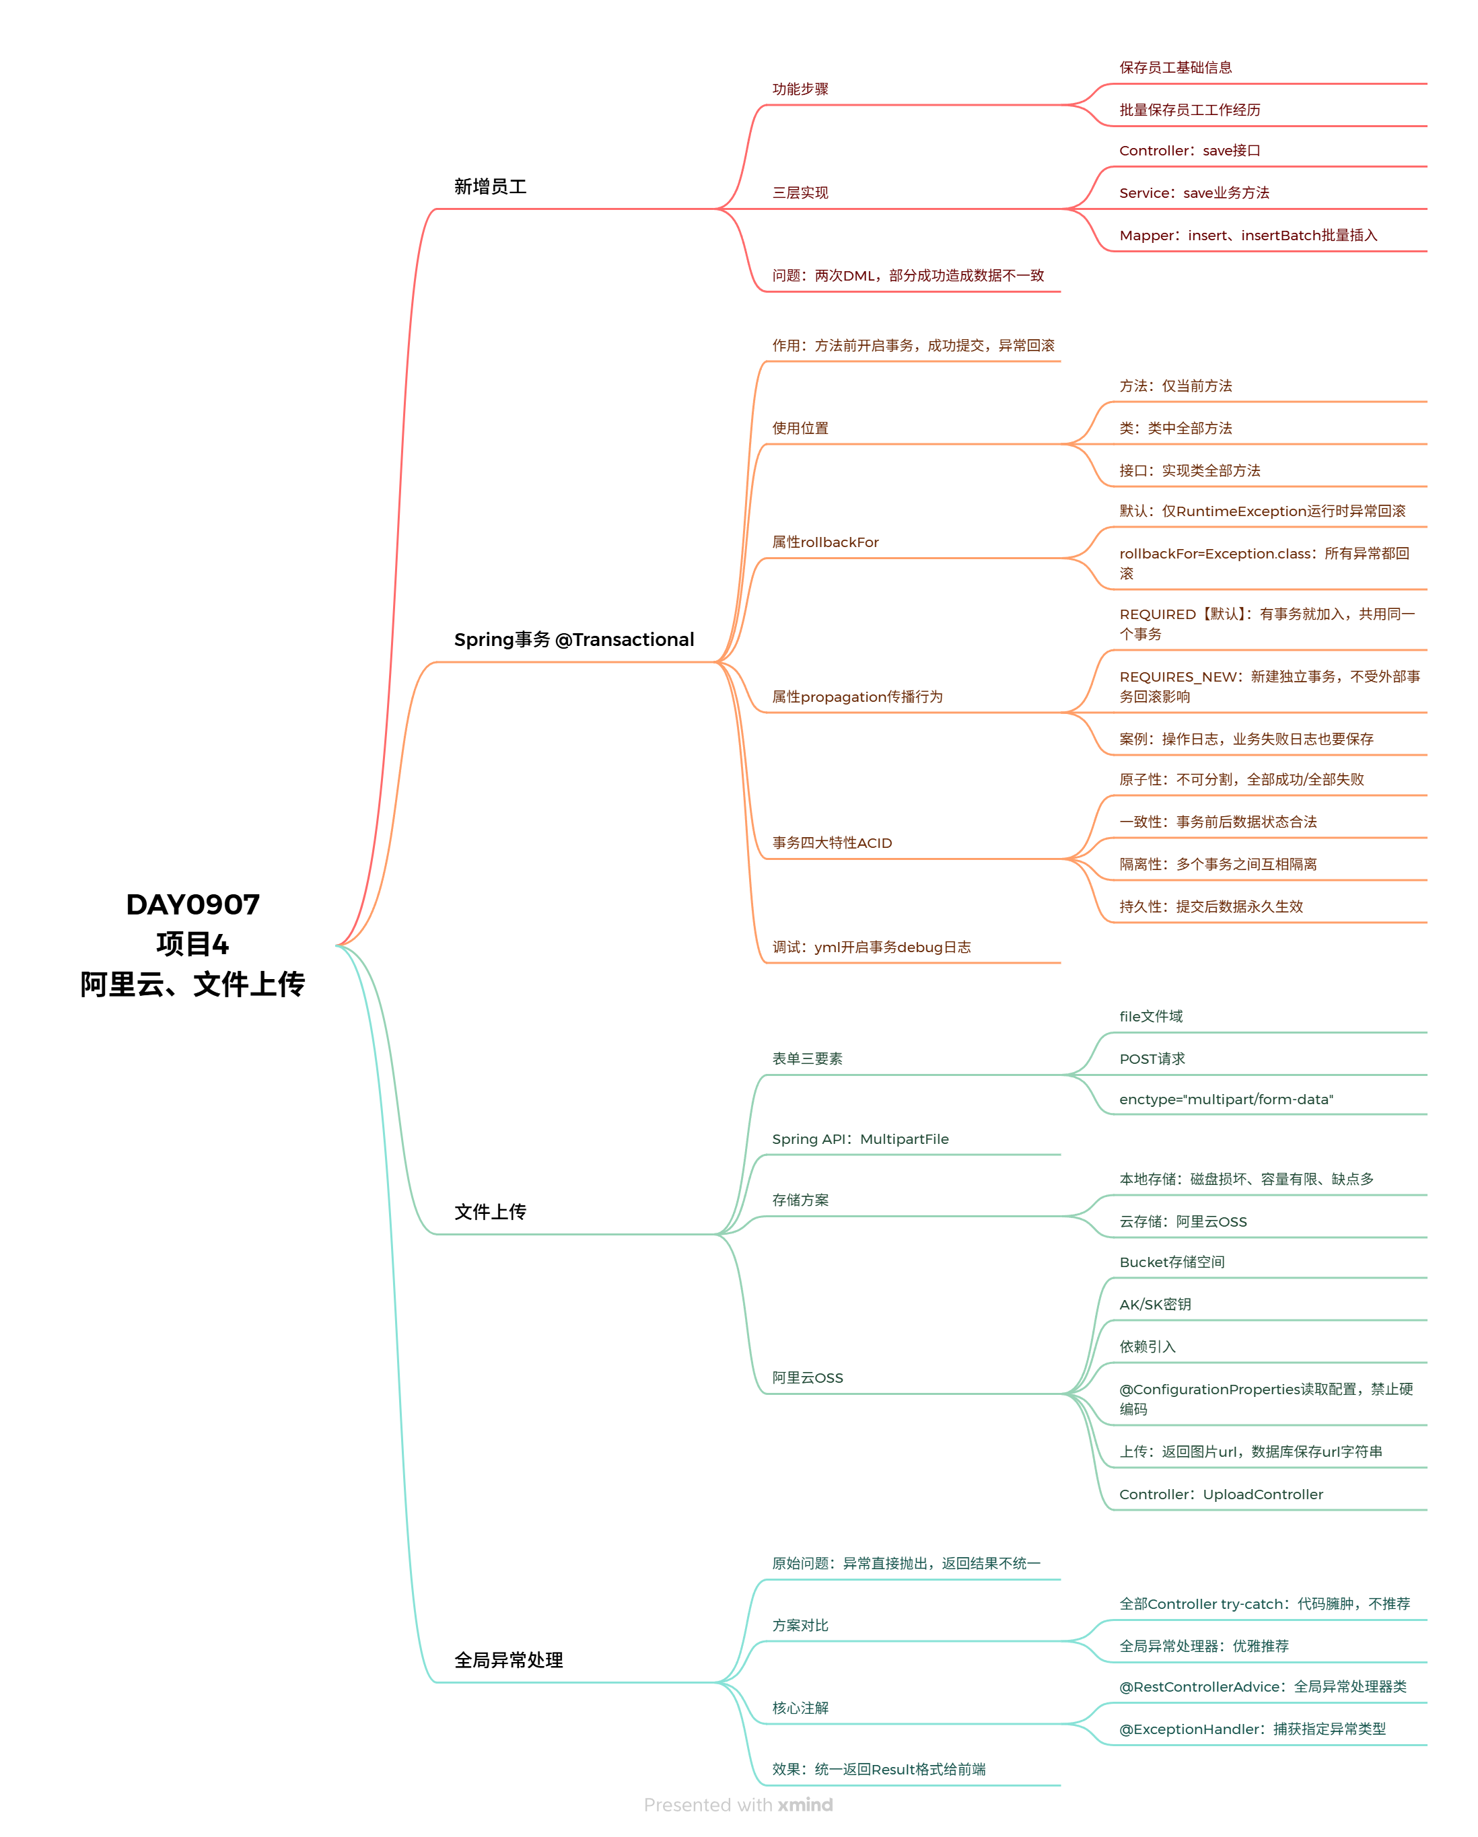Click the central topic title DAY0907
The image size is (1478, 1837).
[192, 904]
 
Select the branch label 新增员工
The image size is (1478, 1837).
[490, 186]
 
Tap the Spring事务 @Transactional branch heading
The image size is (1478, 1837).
[573, 640]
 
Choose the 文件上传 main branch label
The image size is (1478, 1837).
[490, 1212]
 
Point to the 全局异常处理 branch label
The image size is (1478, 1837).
[508, 1660]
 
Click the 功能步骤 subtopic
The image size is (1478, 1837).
[800, 89]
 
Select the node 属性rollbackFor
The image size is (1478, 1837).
[825, 542]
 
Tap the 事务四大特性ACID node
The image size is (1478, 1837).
[832, 842]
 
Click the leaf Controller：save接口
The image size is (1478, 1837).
[1189, 151]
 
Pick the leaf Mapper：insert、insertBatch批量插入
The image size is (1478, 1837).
[1248, 235]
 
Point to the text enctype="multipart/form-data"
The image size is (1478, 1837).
[1226, 1099]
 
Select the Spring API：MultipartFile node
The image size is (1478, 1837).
[860, 1139]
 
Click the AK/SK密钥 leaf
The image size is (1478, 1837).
[1155, 1305]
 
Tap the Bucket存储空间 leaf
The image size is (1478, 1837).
[1171, 1262]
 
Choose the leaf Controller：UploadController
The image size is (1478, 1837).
[1221, 1494]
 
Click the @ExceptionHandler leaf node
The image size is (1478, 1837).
[1252, 1729]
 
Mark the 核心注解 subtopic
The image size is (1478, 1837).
[800, 1708]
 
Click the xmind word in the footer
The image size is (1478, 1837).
[805, 1805]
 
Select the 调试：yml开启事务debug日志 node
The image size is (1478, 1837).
[871, 947]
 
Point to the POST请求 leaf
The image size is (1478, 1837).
[1152, 1059]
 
